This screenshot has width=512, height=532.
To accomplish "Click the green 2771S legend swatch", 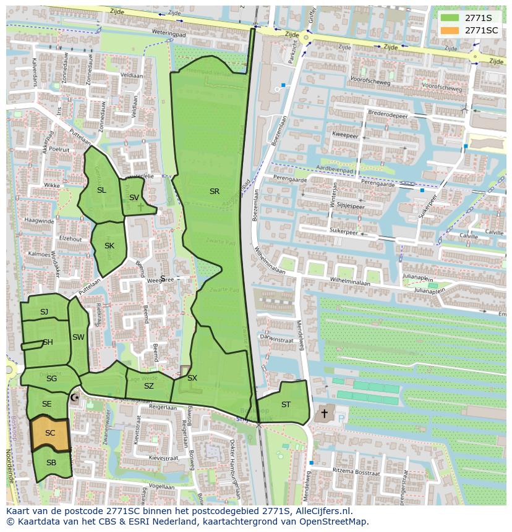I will (x=451, y=19).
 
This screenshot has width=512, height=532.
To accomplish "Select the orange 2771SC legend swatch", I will (x=451, y=30).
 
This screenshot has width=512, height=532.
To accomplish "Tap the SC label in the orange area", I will (x=50, y=433).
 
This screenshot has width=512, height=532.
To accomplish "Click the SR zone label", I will (x=215, y=192).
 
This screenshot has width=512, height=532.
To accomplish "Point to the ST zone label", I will (x=286, y=405).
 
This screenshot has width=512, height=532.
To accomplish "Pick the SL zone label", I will (x=101, y=190).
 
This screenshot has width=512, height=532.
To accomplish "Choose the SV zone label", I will (x=134, y=198).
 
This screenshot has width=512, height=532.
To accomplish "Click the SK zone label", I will (x=109, y=246).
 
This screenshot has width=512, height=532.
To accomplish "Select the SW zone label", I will (x=78, y=337).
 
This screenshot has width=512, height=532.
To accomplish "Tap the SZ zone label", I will (x=148, y=386).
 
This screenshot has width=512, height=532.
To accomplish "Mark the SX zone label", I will (x=192, y=378).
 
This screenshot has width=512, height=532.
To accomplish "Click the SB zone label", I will (x=51, y=463).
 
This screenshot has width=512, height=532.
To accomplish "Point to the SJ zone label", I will (x=44, y=312).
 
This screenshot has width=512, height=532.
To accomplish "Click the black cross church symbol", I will (x=323, y=412).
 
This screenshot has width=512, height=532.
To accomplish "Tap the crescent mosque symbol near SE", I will (x=75, y=399).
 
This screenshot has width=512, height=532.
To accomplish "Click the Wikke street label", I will (x=52, y=185).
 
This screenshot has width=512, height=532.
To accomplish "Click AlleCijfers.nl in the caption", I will (x=322, y=511).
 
